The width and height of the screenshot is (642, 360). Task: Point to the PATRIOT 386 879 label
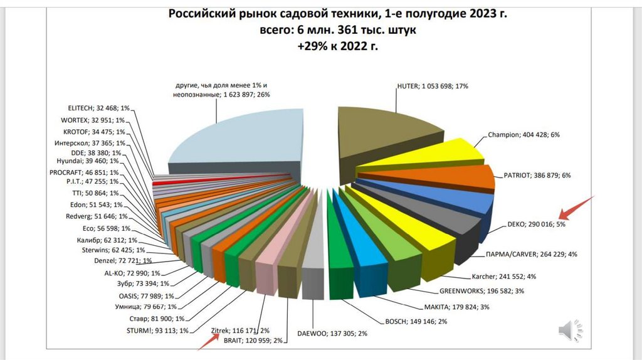point(537,176)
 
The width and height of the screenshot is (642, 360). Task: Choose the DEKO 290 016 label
point(534,223)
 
